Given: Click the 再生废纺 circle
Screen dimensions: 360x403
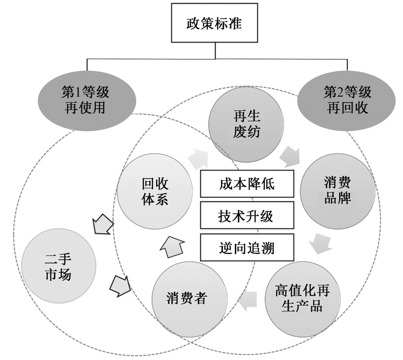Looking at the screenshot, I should coord(246,124).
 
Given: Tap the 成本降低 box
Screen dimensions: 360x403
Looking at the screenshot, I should coord(247,183).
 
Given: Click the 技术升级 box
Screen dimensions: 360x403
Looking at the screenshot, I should coord(247,216).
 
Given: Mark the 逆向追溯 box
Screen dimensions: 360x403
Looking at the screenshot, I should coord(247,248).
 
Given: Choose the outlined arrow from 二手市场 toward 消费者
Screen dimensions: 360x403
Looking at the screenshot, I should coord(120,286).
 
